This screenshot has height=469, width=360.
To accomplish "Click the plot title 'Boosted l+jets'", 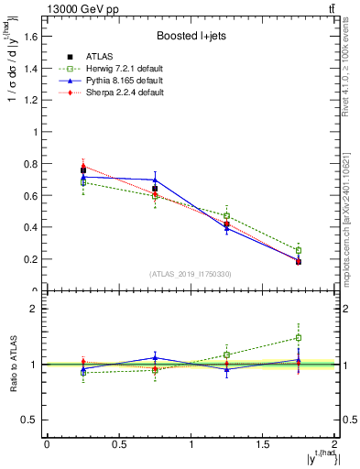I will [190, 37].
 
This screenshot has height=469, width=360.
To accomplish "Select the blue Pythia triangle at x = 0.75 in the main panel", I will [155, 180].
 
